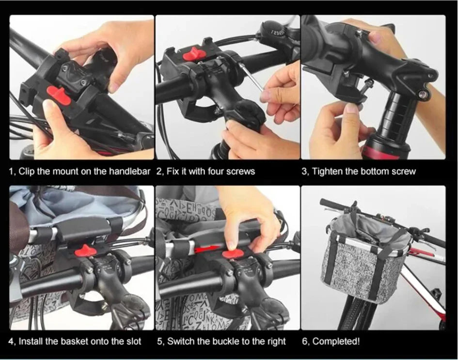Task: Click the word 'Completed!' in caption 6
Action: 336,342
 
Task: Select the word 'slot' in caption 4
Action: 134,342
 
